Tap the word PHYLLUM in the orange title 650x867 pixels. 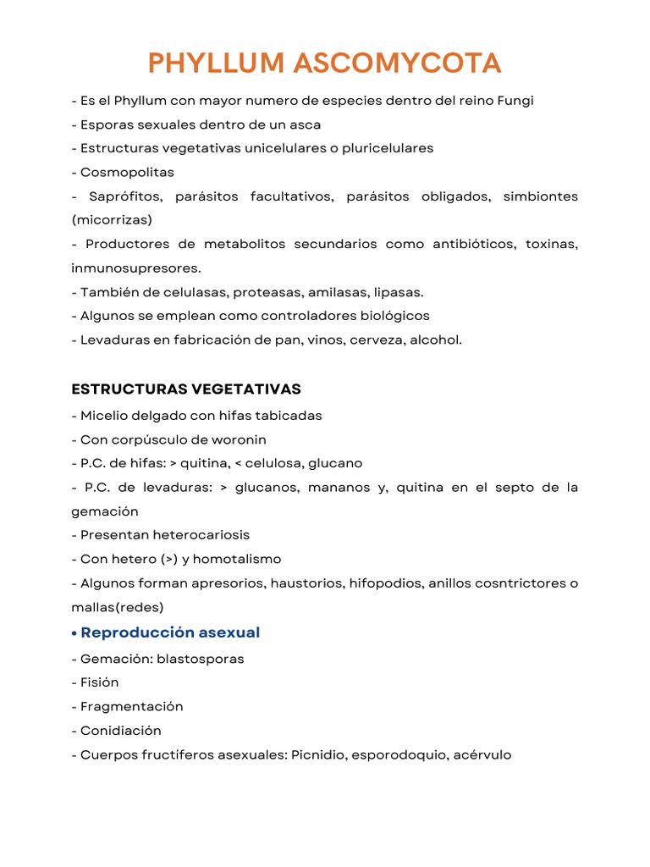pyautogui.click(x=216, y=63)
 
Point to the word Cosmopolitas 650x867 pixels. pyautogui.click(x=127, y=172)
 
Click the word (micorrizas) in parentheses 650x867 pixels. pyautogui.click(x=112, y=220)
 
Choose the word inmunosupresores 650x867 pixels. pyautogui.click(x=135, y=268)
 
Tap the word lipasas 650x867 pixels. pyautogui.click(x=399, y=292)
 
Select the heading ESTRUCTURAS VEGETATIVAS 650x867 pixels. pyautogui.click(x=186, y=389)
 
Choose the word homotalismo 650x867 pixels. pyautogui.click(x=240, y=559)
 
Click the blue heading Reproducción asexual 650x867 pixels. pyautogui.click(x=170, y=632)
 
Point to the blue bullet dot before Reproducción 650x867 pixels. pyautogui.click(x=75, y=633)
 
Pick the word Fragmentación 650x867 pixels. pyautogui.click(x=132, y=706)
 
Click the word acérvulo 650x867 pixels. pyautogui.click(x=482, y=754)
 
